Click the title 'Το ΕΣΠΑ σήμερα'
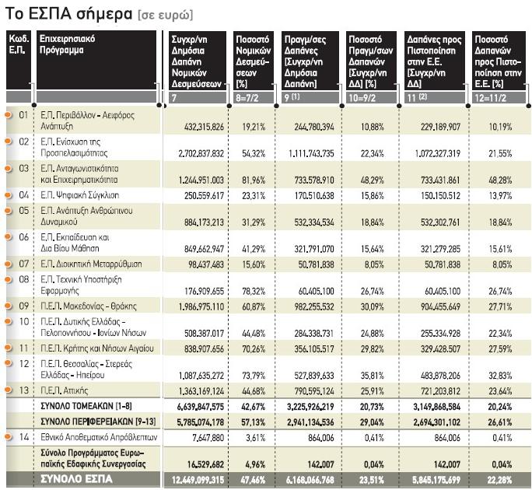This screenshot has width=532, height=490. tap(69, 14)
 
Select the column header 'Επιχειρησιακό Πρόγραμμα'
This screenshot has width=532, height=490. tap(67, 44)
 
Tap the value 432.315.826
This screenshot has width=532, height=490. tap(204, 127)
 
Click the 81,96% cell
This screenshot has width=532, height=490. tap(254, 180)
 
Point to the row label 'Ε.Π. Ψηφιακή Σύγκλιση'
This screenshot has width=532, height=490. tap(80, 195)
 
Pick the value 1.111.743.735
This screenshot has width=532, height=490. tap(311, 153)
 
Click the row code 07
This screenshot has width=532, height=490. tap(24, 264)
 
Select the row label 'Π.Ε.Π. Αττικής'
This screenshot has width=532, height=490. tap(64, 390)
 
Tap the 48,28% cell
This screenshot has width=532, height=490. tap(500, 180)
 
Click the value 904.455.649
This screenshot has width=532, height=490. tap(440, 306)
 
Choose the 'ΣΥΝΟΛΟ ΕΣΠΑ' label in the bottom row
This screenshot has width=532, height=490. tap(76, 479)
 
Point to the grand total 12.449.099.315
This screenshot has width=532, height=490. tap(198, 480)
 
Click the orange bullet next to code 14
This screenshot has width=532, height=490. tap(9, 436)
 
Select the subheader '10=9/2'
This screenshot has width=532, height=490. tap(362, 98)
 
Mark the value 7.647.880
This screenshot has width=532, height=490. tap(208, 438)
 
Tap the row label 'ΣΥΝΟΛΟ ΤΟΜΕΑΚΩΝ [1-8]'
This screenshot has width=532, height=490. tap(86, 406)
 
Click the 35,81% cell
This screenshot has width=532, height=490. tap(373, 376)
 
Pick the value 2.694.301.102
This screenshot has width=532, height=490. tap(436, 422)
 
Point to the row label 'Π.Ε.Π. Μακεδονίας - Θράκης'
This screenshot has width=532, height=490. tap(89, 306)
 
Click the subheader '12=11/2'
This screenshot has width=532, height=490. tap(490, 98)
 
